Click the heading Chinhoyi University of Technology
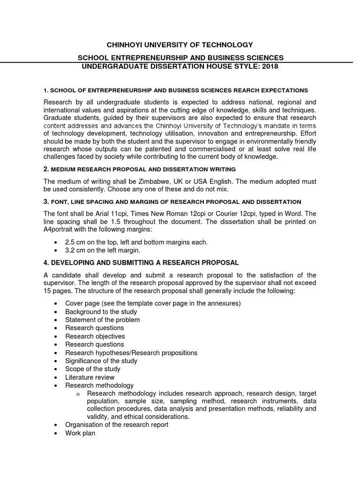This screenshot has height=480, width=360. coord(180,45)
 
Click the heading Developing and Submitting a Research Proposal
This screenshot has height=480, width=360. coord(141,262)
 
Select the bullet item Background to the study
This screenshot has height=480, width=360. coord(101,312)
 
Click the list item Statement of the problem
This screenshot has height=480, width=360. coord(102,320)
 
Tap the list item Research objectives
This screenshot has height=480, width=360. coord(95,337)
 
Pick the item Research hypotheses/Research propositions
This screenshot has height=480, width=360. coord(131,352)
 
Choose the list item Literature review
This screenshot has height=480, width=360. coord(90,377)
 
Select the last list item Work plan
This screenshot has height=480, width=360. coord(80,433)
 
